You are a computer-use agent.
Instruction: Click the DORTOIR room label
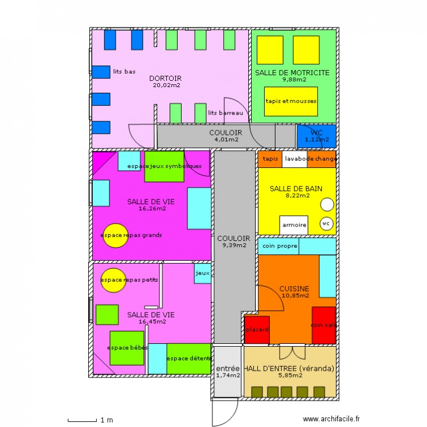pyautogui.click(x=165, y=79)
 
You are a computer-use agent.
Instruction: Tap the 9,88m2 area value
pyautogui.click(x=294, y=80)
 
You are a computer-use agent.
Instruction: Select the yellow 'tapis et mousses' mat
pyautogui.click(x=291, y=101)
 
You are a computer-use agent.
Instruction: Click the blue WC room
pyautogui.click(x=317, y=136)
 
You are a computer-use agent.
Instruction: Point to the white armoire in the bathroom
pyautogui.click(x=294, y=225)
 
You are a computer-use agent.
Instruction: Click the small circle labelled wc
pyautogui.click(x=326, y=224)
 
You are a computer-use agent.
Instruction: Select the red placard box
pyautogui.click(x=257, y=330)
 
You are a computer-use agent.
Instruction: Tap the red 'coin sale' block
pyautogui.click(x=323, y=325)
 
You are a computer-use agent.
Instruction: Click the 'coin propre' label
pyautogui.click(x=280, y=246)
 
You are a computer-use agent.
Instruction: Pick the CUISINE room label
pyautogui.click(x=294, y=289)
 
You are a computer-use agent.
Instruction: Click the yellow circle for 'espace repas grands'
pyautogui.click(x=116, y=236)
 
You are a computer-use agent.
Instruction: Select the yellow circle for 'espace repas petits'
pyautogui.click(x=113, y=280)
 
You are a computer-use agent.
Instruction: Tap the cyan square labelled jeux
pyautogui.click(x=203, y=273)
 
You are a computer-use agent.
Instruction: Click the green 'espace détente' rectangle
pyautogui.click(x=188, y=359)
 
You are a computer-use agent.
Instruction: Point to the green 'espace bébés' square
pyautogui.click(x=126, y=348)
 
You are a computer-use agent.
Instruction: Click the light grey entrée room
pyautogui.click(x=228, y=371)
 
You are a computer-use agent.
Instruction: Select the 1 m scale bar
pyautogui.click(x=82, y=420)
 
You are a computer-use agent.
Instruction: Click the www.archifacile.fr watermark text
pyautogui.click(x=331, y=419)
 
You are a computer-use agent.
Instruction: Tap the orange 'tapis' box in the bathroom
pyautogui.click(x=270, y=159)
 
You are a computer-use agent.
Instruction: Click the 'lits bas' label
pyautogui.click(x=124, y=71)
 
